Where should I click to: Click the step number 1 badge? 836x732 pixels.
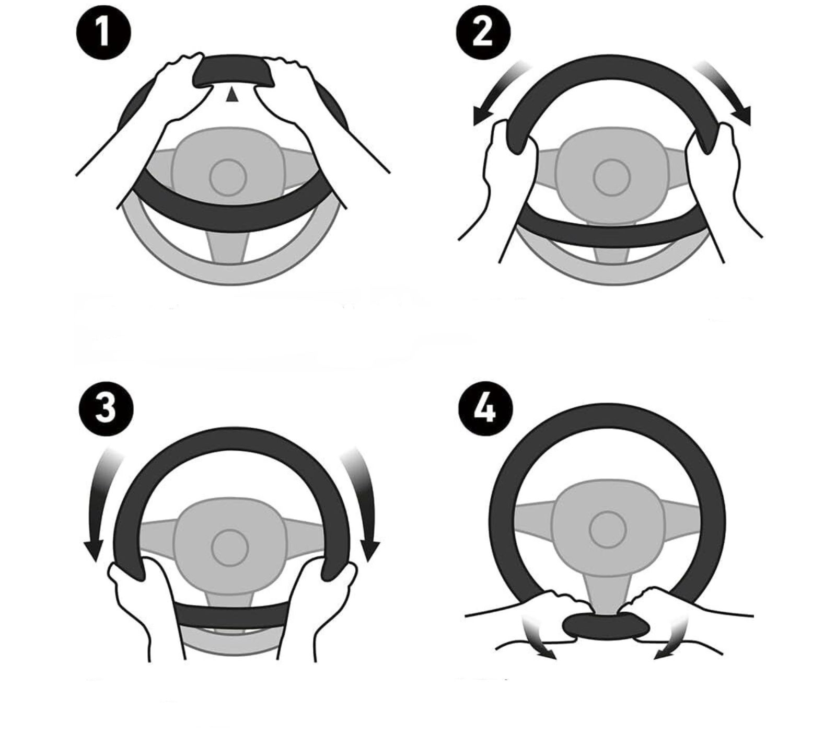tap(104, 31)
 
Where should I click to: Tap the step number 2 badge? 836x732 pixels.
tap(483, 31)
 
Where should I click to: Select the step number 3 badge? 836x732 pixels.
tap(106, 408)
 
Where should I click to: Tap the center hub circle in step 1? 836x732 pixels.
tap(228, 177)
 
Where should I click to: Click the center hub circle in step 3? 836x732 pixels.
tap(229, 547)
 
